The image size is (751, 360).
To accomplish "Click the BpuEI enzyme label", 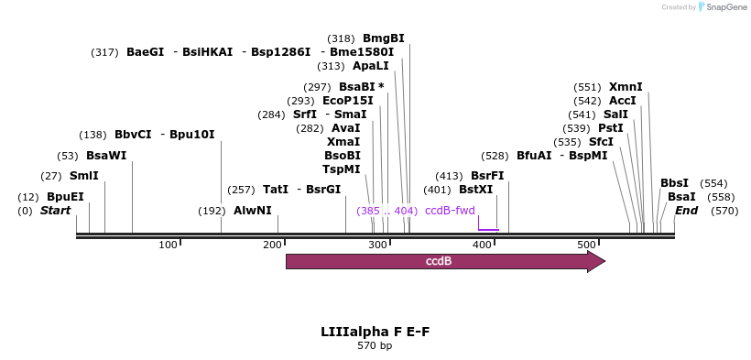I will click(65, 197).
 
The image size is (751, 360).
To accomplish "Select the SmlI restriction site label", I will click(83, 176).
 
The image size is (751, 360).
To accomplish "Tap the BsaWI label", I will click(106, 156).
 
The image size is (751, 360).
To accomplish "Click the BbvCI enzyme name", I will click(133, 135).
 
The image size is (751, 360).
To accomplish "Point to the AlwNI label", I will click(252, 211).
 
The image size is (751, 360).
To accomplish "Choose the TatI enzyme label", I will click(276, 190).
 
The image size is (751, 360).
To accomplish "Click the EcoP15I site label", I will click(348, 101).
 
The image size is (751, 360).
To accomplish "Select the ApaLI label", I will click(371, 66).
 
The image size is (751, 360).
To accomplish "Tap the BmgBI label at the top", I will click(383, 38).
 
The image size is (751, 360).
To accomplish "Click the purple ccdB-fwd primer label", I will click(450, 211).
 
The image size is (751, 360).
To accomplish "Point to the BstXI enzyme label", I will click(475, 190).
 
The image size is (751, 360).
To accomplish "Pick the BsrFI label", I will click(487, 176).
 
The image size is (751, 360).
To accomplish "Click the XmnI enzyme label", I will click(626, 87).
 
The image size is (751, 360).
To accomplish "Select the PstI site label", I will click(611, 128).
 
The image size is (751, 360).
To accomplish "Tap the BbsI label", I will click(674, 183).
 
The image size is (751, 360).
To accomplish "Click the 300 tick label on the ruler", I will click(272, 245).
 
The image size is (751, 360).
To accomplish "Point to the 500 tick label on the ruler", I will click(586, 245).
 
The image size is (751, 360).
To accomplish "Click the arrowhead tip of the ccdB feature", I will click(604, 262).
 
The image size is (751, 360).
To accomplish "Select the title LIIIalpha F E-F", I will click(375, 331).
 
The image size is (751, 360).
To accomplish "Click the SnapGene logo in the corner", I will click(724, 7).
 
